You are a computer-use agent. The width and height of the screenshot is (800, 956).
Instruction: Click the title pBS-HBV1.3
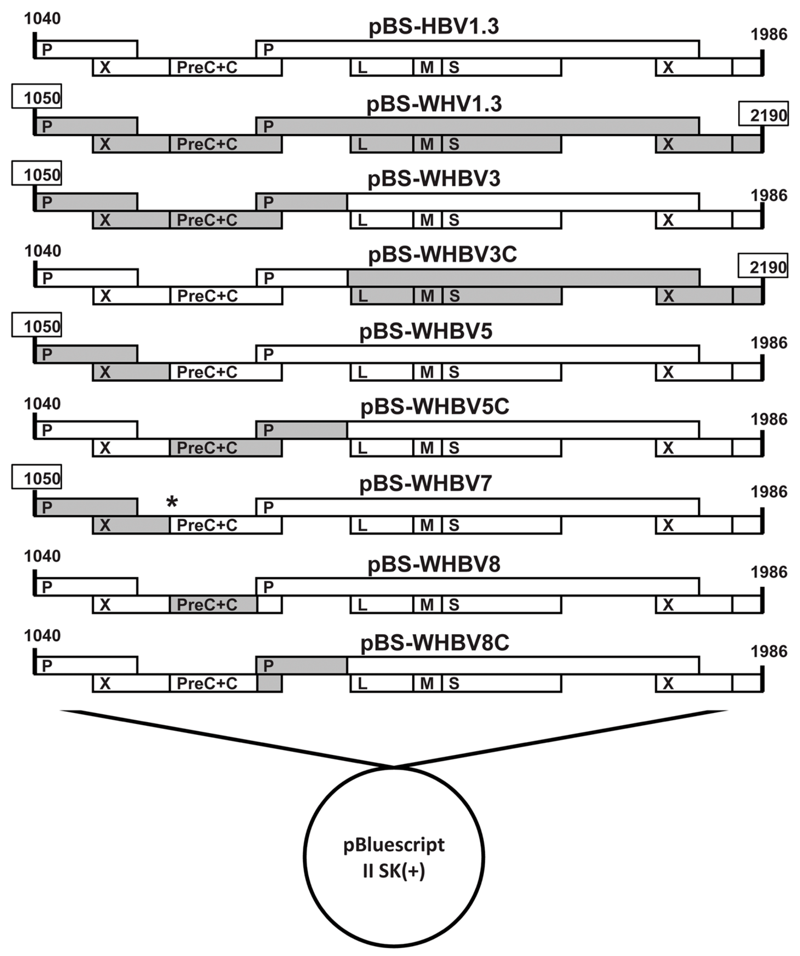(x=434, y=26)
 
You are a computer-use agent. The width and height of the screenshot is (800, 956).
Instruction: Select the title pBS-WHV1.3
(x=434, y=104)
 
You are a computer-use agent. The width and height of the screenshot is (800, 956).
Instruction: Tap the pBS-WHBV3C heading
(x=442, y=254)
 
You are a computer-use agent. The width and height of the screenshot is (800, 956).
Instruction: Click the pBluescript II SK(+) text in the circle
(x=394, y=858)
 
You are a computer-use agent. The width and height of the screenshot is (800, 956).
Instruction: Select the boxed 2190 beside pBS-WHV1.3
(x=763, y=114)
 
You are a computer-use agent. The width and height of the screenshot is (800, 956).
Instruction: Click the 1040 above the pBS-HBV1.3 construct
(x=42, y=18)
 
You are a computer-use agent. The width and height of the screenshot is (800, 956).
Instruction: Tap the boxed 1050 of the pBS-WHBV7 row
(x=37, y=478)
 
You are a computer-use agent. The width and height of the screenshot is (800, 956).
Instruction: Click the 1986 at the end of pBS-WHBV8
(x=768, y=572)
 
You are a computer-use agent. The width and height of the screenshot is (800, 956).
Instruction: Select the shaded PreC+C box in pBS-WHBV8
(x=213, y=605)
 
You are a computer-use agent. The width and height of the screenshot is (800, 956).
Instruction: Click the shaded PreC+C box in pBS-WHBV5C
(x=225, y=448)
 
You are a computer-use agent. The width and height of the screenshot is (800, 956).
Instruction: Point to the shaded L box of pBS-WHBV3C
(x=381, y=296)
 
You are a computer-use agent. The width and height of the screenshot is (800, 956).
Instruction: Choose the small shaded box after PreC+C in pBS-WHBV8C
(x=269, y=683)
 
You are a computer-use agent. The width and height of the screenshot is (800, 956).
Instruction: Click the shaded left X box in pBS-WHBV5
(x=131, y=372)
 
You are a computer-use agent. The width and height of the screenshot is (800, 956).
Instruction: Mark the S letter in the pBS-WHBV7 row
(x=453, y=525)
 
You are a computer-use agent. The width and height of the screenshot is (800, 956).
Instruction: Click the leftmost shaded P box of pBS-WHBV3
(x=86, y=202)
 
